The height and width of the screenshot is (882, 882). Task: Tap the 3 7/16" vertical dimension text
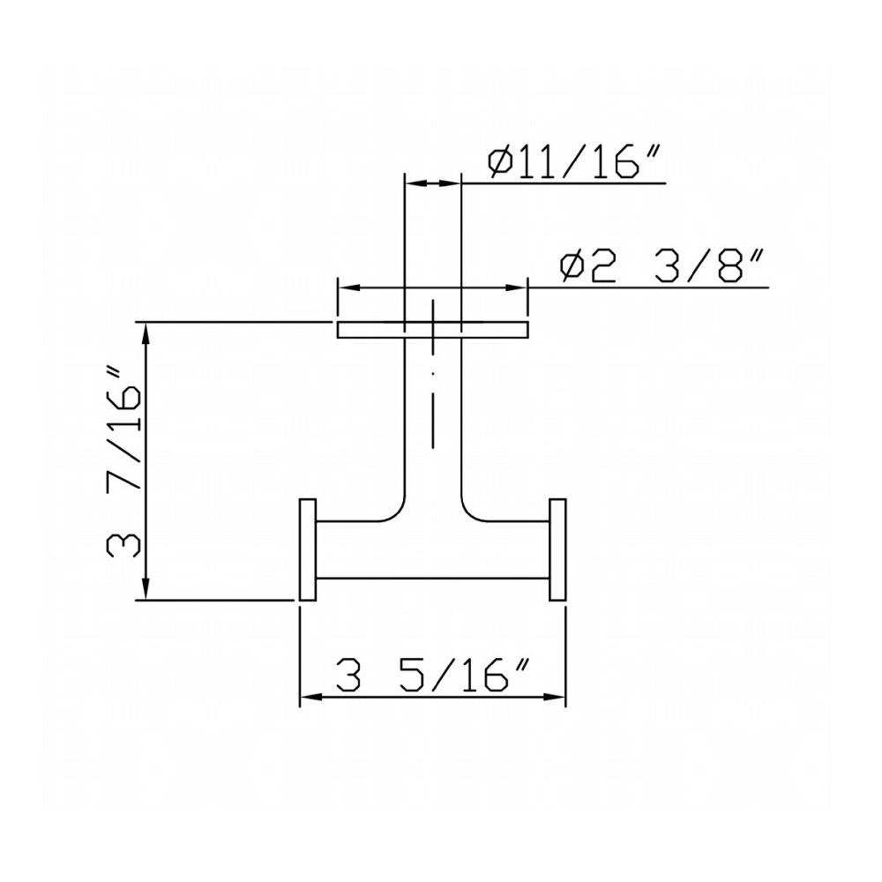coord(123,462)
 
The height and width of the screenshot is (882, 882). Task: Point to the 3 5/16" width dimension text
coord(432,675)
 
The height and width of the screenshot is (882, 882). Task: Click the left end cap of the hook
coord(308,549)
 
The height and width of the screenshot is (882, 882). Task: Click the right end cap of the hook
coord(557,549)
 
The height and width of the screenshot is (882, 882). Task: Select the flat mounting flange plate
coord(432,330)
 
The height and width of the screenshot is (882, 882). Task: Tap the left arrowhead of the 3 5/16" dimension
coord(310,697)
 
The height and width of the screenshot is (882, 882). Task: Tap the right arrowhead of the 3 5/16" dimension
coord(555,697)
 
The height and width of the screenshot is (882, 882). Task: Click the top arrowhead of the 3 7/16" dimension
coord(146,333)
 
